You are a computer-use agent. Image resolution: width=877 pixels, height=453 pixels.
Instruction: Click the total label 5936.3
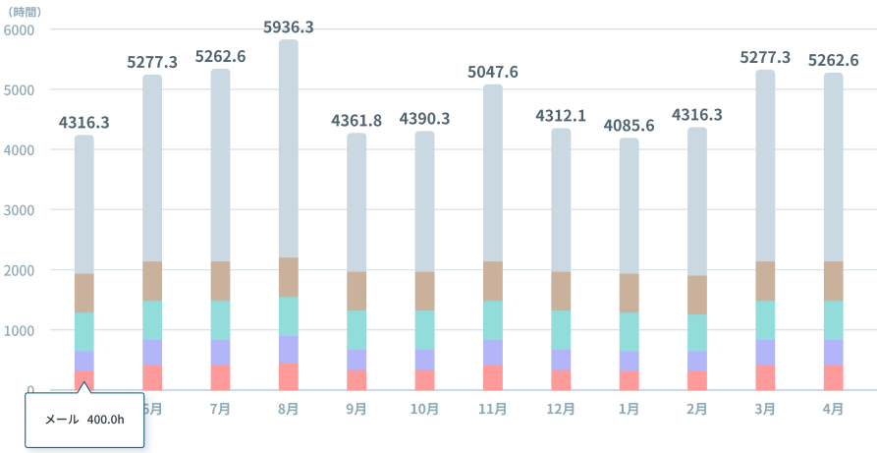coord(289,28)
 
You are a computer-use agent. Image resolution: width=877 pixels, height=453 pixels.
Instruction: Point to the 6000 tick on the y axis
coord(20,29)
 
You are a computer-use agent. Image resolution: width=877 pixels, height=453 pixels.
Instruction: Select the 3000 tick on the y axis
coord(20,209)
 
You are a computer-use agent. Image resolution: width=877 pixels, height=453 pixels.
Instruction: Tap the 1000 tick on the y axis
coord(20,330)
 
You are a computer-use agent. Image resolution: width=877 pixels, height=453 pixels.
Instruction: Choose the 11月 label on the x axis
coord(493,409)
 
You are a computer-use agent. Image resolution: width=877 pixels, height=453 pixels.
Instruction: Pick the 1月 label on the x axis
coord(629,409)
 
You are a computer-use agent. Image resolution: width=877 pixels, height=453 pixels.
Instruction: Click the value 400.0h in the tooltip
coord(105,420)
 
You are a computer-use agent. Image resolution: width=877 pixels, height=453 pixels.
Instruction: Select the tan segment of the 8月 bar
coord(289,277)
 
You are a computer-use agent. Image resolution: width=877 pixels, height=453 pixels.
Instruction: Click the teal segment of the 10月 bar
coord(424,329)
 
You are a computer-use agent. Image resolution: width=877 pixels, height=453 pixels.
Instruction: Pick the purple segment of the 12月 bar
coord(561,360)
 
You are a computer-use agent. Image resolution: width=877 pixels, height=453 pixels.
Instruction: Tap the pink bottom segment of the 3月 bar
coord(765,377)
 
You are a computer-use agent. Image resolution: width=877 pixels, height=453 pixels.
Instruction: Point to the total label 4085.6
coord(629,126)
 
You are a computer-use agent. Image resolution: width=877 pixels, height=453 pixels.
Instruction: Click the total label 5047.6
coord(493,73)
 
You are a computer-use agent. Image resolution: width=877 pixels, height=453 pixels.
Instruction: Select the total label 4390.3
coord(424,119)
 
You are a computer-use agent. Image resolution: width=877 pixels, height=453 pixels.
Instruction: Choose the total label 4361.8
coord(356,121)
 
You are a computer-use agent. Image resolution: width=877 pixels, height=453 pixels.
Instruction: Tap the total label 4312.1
coord(561,116)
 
